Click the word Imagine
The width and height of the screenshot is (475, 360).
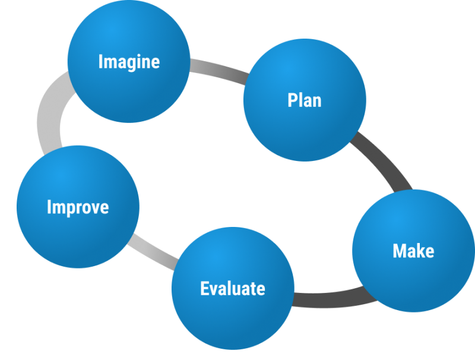[129, 61]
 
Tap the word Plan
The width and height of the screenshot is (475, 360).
[305, 100]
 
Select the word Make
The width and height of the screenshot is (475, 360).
[413, 251]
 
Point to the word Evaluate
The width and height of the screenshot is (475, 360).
[232, 289]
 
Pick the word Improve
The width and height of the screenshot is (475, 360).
[78, 207]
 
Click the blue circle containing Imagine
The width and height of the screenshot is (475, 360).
[129, 83]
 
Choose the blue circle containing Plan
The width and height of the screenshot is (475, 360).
[305, 125]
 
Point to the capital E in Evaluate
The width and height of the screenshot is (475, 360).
[204, 289]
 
